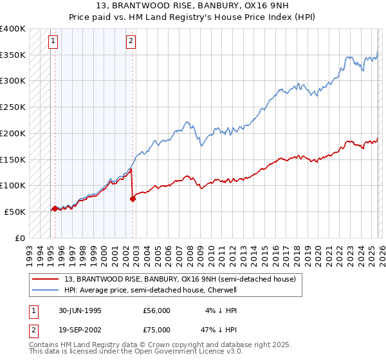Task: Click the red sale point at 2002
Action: click(133, 199)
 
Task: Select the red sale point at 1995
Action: click(55, 208)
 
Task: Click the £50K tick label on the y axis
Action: click(15, 212)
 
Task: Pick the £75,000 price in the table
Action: click(157, 330)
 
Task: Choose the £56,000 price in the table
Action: click(157, 310)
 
